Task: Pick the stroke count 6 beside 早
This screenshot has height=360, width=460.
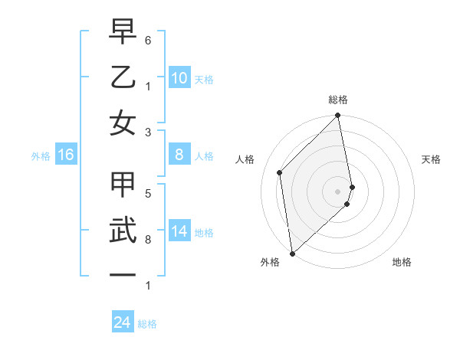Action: pyautogui.click(x=148, y=39)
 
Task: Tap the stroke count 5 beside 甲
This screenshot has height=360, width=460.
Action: pyautogui.click(x=148, y=193)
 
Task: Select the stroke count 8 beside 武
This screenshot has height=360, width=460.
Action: pyautogui.click(x=148, y=240)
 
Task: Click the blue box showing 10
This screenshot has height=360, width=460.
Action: pyautogui.click(x=179, y=78)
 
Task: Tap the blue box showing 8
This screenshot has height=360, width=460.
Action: pyautogui.click(x=179, y=155)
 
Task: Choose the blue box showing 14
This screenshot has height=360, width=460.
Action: pyautogui.click(x=179, y=231)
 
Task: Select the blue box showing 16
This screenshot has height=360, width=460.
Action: pyautogui.click(x=66, y=155)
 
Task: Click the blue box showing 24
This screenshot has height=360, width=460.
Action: pyautogui.click(x=122, y=322)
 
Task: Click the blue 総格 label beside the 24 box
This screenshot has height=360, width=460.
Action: pyautogui.click(x=147, y=324)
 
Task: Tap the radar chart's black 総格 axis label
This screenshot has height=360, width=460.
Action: pyautogui.click(x=338, y=100)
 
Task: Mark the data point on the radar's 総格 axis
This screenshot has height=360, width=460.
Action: pyautogui.click(x=338, y=116)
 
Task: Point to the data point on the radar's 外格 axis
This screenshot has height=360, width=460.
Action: pyautogui.click(x=292, y=253)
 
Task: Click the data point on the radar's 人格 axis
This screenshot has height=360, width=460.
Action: pyautogui.click(x=280, y=172)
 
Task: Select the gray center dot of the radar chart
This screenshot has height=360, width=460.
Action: pyautogui.click(x=338, y=191)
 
